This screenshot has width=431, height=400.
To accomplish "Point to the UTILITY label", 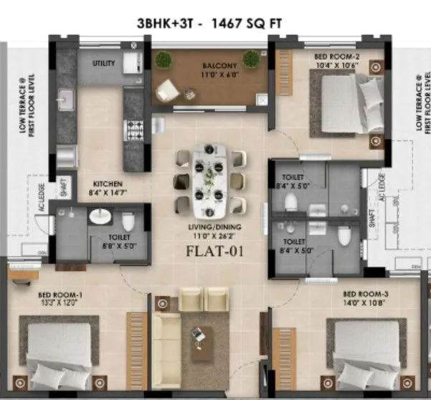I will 103,64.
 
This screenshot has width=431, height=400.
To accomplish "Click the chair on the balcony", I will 169,88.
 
